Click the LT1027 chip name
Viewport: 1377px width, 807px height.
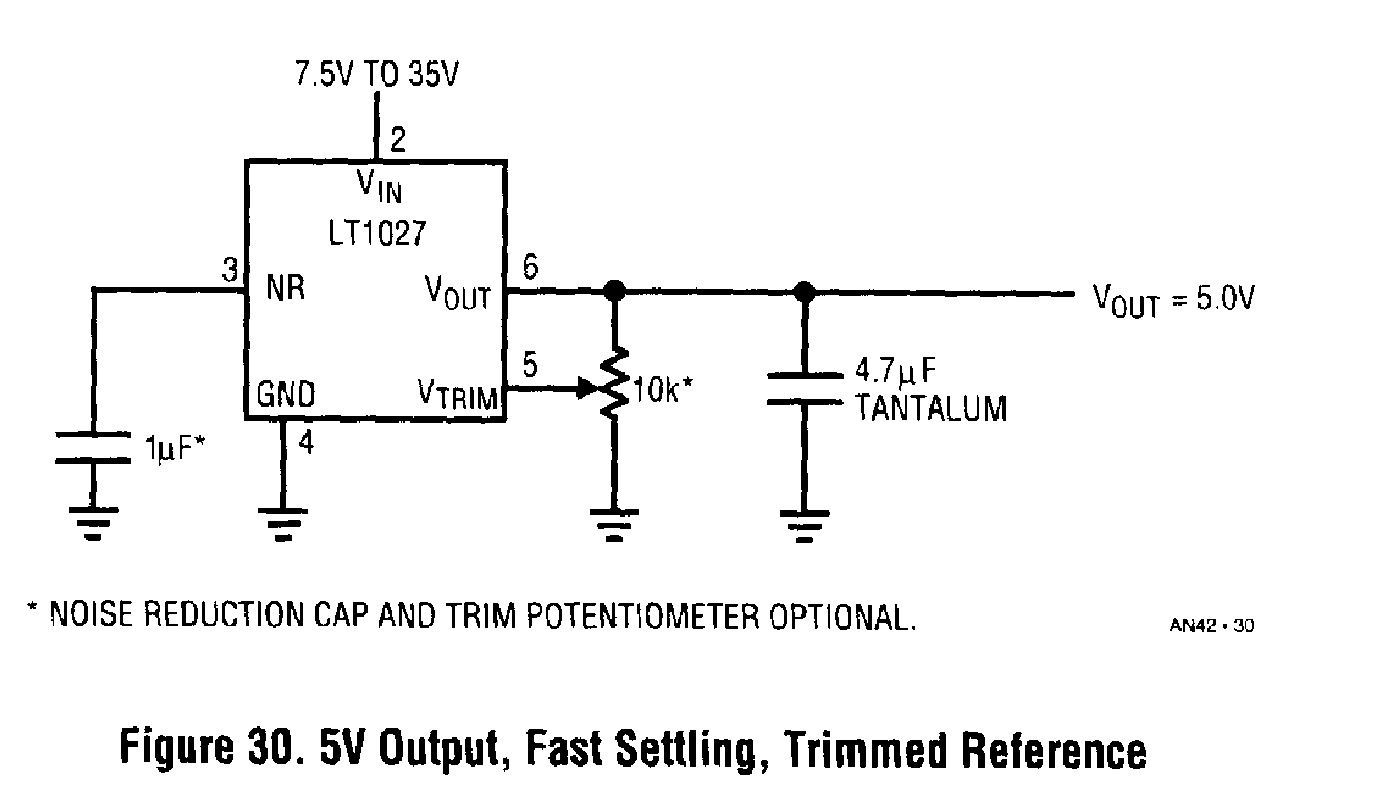tap(378, 233)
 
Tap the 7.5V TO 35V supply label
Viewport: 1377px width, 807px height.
tap(376, 74)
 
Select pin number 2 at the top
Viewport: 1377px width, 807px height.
tap(398, 139)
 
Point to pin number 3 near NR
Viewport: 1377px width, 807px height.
tap(229, 270)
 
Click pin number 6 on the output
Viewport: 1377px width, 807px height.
tap(530, 265)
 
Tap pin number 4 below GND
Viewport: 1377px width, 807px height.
tap(305, 442)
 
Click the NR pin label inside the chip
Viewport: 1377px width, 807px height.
tap(286, 287)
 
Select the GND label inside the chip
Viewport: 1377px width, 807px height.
tap(286, 394)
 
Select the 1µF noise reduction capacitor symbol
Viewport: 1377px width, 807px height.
tap(92, 447)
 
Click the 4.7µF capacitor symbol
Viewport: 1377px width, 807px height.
tap(803, 389)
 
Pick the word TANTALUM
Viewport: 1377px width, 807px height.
tap(930, 408)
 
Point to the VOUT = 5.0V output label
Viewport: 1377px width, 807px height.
tap(1173, 300)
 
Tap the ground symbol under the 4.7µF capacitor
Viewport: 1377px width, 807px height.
tap(803, 523)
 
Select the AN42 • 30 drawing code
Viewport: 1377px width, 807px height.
tap(1211, 625)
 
